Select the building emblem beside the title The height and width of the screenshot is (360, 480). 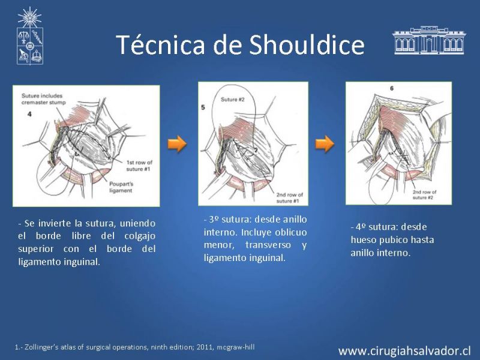click(428, 40)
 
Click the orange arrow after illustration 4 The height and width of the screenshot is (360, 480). click(177, 143)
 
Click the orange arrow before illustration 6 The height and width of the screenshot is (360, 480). click(325, 143)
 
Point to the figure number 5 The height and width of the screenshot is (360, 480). click(203, 107)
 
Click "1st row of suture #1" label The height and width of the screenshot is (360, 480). click(139, 165)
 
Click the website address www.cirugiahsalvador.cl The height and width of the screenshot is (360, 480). click(405, 350)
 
